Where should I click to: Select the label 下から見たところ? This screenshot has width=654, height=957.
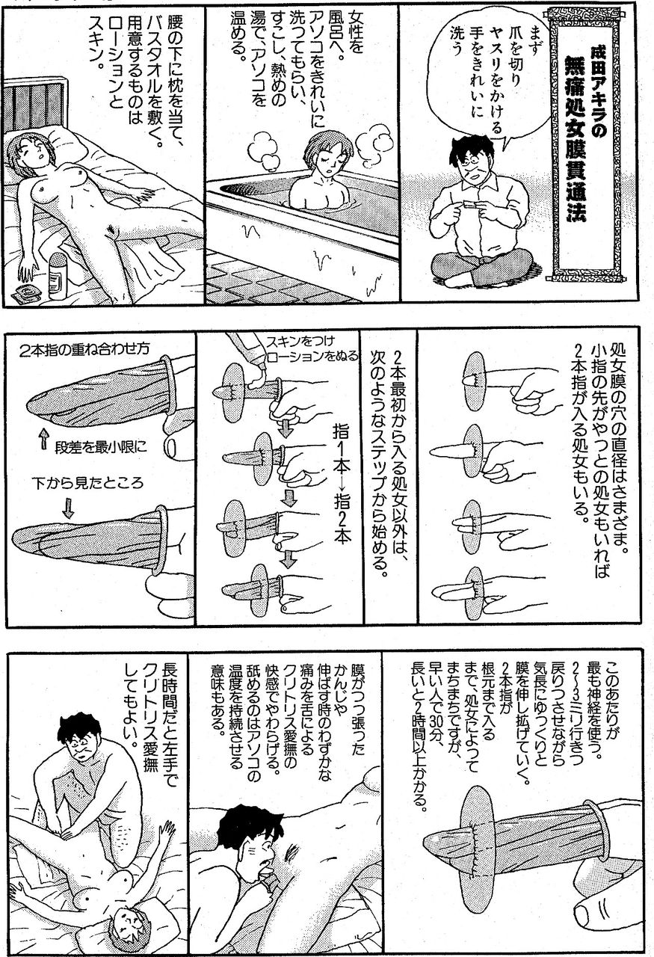tap(88, 483)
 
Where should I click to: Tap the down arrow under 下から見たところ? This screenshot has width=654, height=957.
tap(68, 507)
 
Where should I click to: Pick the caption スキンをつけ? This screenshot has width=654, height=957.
tap(300, 342)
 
